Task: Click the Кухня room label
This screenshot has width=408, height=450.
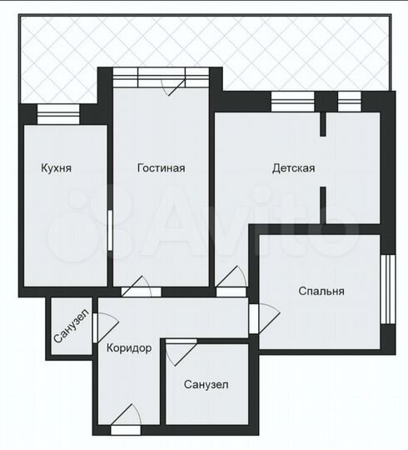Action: click(57, 167)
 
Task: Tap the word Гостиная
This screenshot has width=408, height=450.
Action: click(161, 167)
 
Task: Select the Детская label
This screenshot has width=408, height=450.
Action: click(293, 167)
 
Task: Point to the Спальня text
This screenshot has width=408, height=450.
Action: click(321, 291)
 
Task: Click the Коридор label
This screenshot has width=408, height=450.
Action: click(129, 348)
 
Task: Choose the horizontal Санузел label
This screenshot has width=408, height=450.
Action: click(206, 384)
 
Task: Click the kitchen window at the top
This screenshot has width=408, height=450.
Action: click(58, 115)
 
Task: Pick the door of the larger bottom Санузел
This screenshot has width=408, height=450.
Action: click(178, 351)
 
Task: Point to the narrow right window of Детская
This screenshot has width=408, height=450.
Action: click(348, 101)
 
